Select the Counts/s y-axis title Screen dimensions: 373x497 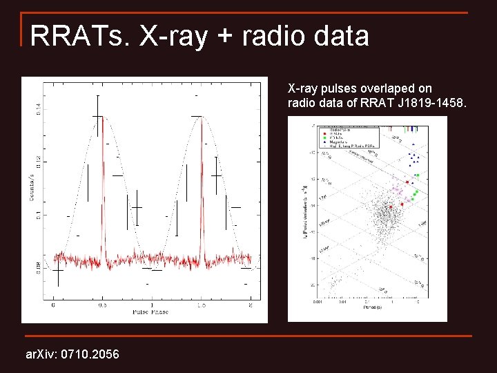coord(31,187)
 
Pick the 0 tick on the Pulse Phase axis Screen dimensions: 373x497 coord(53,304)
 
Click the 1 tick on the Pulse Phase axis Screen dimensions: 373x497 coord(152,304)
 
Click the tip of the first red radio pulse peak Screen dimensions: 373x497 coord(103,117)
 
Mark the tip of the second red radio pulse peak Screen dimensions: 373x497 coord(202,117)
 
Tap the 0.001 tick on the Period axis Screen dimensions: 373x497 coord(318,302)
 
